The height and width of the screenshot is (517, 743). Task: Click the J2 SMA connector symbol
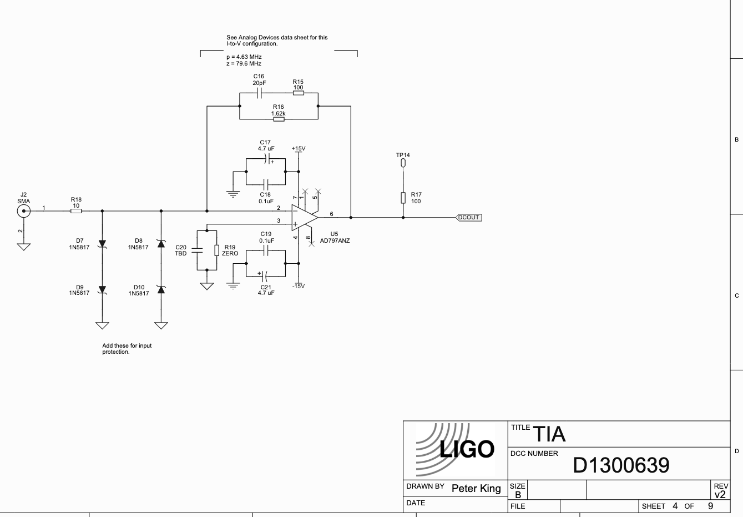coord(23,211)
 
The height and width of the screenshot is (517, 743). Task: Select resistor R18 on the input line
coord(76,211)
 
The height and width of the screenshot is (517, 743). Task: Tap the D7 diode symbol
coord(102,244)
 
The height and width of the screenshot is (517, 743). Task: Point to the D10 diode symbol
coord(161,289)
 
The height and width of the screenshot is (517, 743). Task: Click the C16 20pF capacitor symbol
coord(259,93)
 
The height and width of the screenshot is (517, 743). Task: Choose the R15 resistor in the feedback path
coord(298,93)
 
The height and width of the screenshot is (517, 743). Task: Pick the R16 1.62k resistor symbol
coord(279,119)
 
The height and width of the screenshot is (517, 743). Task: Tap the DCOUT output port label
coord(469,218)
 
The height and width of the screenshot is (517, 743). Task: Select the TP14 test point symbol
coord(403,163)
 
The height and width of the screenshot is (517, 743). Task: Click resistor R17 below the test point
coord(403,197)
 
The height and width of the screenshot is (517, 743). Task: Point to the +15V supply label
coord(299,149)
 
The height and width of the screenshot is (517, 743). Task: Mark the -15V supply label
coord(299,286)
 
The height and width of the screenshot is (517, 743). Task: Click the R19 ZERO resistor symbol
coord(216,250)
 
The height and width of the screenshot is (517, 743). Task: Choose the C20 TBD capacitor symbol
coord(197,250)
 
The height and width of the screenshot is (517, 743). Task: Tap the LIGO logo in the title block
coord(455,449)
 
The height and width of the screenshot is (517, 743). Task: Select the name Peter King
coord(476,489)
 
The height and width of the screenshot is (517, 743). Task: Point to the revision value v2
coord(720,494)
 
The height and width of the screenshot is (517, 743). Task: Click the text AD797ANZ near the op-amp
coord(335,241)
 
